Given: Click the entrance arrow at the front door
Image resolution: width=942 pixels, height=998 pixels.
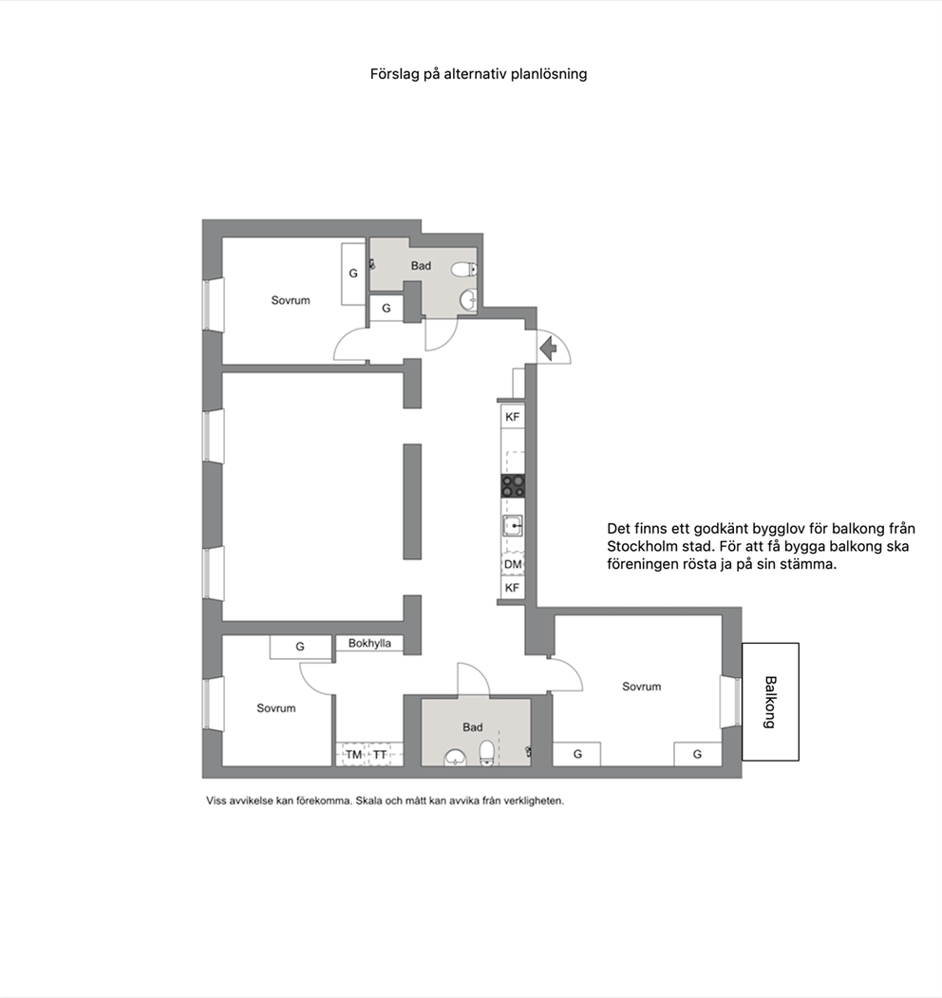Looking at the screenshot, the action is [x=548, y=348].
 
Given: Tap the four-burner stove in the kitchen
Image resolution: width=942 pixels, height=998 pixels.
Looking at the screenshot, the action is [x=513, y=485].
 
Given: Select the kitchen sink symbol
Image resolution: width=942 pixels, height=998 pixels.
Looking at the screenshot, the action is [x=513, y=526].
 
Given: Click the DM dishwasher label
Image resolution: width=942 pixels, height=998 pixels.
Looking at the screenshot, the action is [x=513, y=565].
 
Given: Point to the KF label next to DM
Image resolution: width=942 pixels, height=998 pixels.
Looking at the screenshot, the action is [x=513, y=588].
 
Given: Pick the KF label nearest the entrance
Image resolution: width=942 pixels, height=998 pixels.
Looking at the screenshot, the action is [x=513, y=417].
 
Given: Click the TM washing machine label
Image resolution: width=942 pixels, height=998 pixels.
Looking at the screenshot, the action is [x=354, y=755].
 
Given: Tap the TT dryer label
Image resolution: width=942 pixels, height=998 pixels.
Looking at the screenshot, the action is [x=380, y=755].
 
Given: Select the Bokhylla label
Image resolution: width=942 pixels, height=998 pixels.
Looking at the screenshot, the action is [x=369, y=644].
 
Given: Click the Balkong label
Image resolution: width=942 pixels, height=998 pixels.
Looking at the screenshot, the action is [x=770, y=702].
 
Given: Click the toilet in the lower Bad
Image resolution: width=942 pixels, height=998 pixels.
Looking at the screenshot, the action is [x=487, y=753].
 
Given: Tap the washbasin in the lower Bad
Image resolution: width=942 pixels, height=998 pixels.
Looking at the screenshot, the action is [x=455, y=758].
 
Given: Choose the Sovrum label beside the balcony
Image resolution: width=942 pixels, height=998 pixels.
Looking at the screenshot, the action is [x=642, y=687].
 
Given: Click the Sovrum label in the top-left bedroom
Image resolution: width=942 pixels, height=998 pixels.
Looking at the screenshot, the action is [x=291, y=300].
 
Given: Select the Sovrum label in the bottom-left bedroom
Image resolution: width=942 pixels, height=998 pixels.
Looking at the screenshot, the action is [x=276, y=708].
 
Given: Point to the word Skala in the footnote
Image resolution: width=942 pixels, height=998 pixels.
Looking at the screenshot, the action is [x=369, y=800].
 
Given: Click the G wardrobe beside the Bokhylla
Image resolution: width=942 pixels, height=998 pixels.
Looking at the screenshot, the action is [x=300, y=647].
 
